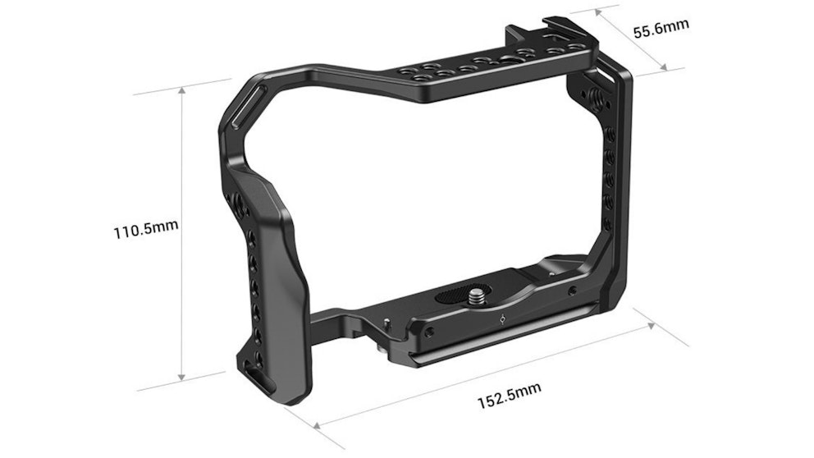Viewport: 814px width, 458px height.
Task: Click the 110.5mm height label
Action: [145, 228]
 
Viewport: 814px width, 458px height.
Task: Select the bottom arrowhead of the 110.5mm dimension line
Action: [181, 379]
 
